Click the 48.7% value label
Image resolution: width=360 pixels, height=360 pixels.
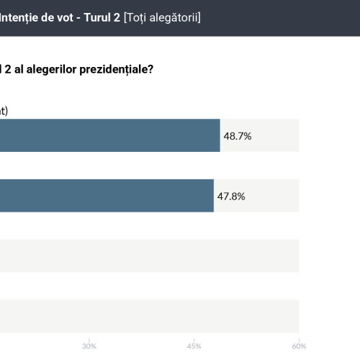click(x=237, y=135)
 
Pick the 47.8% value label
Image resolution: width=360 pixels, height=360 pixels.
click(x=230, y=196)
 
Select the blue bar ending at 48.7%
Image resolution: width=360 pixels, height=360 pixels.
click(x=108, y=135)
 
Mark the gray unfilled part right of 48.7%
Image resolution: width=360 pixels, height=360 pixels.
click(x=277, y=135)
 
